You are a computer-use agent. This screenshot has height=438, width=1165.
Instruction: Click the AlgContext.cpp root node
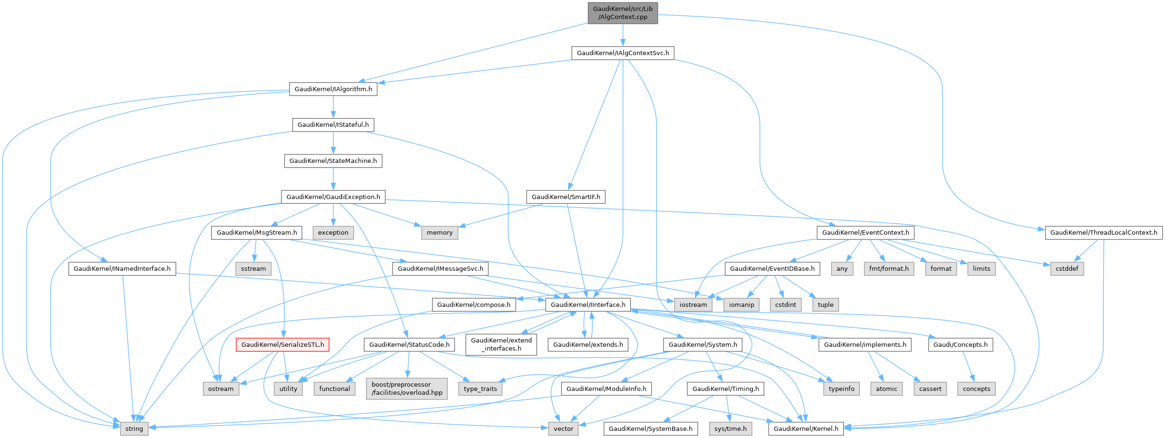click(623, 13)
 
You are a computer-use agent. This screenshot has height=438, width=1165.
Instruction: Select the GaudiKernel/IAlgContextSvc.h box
click(623, 53)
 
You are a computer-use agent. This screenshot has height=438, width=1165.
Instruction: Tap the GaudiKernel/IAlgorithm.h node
click(333, 89)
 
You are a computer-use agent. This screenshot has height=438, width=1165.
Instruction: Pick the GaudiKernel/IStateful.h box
click(333, 124)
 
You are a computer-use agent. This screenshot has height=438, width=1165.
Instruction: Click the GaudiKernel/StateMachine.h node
click(333, 161)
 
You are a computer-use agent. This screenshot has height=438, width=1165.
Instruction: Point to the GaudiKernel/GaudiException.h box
click(333, 197)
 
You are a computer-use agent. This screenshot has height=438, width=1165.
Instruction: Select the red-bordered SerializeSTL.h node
click(282, 344)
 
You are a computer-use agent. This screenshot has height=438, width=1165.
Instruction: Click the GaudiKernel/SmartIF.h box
click(566, 197)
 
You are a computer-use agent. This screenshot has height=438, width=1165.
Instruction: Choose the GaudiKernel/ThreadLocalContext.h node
click(1103, 232)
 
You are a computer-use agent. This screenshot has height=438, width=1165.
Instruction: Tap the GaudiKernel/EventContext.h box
click(865, 232)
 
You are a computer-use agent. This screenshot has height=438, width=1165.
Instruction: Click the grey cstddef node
click(1067, 268)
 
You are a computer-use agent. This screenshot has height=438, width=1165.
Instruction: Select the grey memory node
click(439, 232)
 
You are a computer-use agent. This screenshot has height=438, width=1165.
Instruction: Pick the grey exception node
click(333, 232)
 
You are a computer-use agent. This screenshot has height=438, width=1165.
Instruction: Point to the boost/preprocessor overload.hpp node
click(407, 389)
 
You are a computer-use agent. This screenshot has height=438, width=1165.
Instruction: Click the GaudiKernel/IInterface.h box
click(588, 305)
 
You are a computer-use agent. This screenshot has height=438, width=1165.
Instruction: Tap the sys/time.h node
click(730, 428)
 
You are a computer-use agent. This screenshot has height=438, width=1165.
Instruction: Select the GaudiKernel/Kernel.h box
click(806, 428)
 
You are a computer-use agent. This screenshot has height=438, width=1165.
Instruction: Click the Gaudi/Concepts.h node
click(960, 344)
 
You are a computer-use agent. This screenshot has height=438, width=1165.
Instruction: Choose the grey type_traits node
click(480, 389)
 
